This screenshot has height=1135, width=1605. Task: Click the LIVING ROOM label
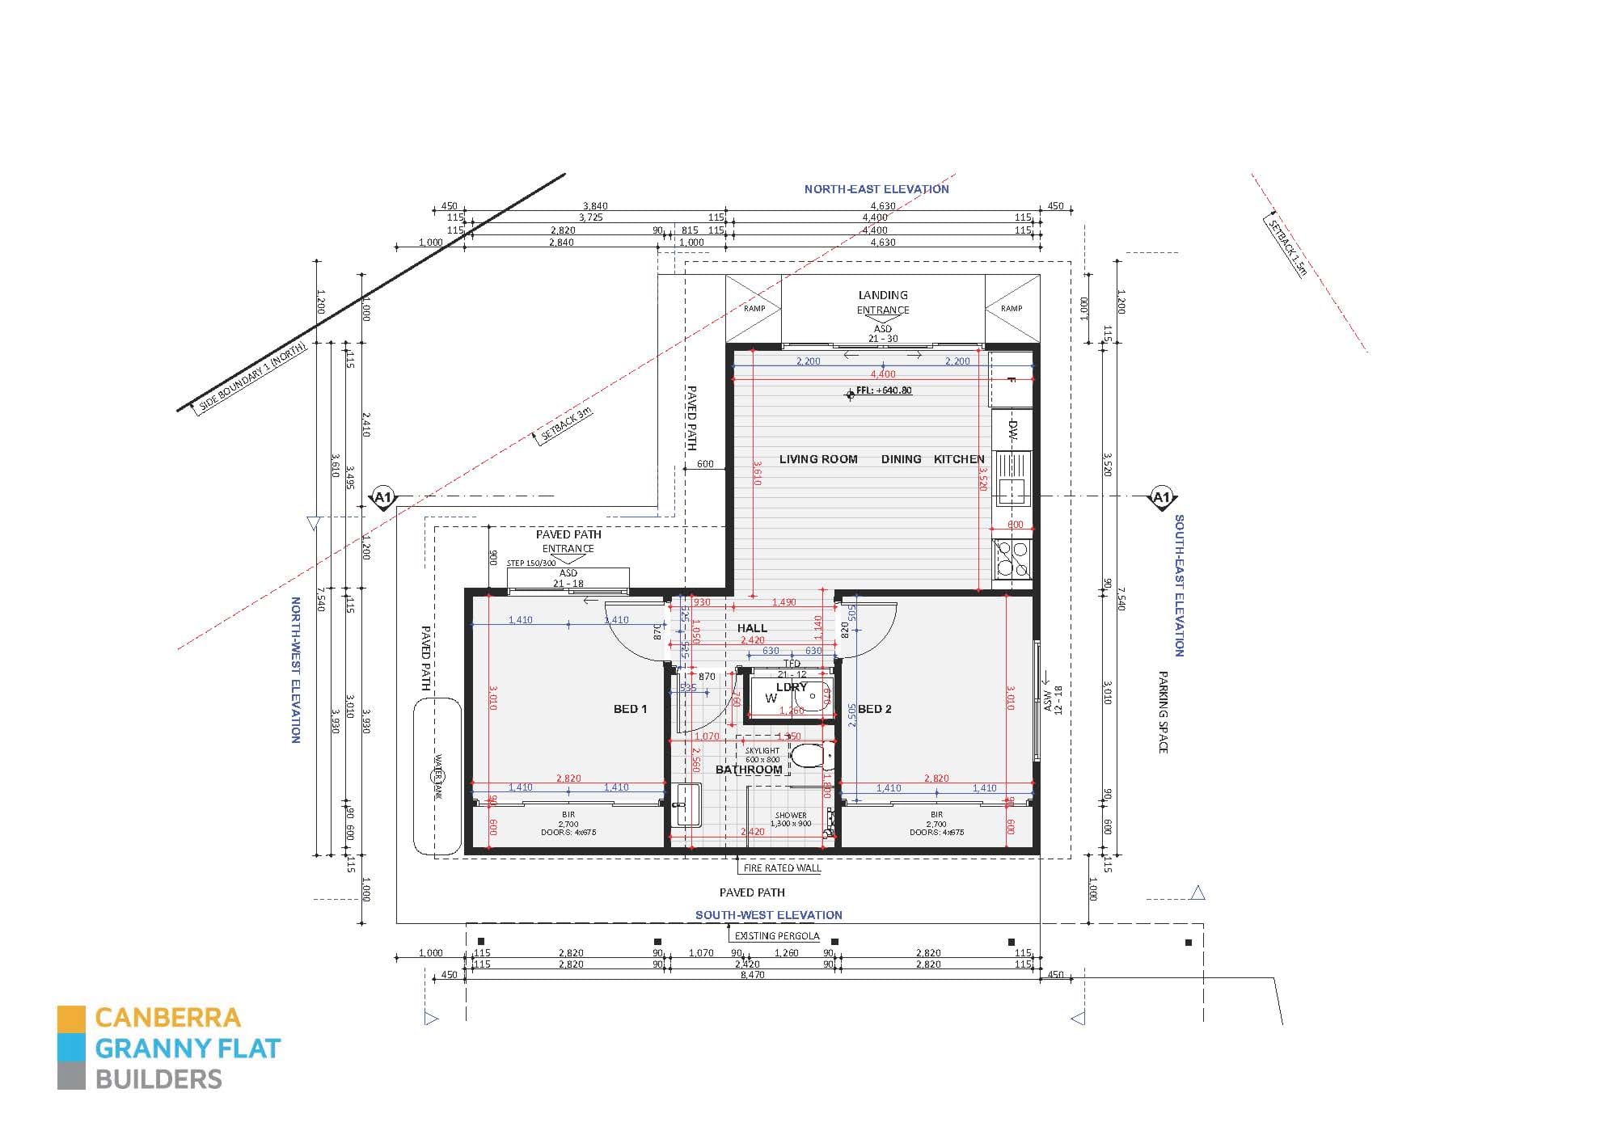click(x=817, y=459)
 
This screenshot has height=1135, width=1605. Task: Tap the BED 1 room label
click(x=630, y=709)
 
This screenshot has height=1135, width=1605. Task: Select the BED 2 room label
click(x=875, y=709)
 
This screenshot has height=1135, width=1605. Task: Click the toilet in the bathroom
click(x=808, y=757)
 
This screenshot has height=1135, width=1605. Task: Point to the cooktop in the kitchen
click(x=1012, y=559)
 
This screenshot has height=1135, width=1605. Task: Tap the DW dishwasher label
click(x=1012, y=429)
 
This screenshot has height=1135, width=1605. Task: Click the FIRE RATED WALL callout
click(x=782, y=868)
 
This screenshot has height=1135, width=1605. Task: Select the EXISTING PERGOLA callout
click(x=776, y=936)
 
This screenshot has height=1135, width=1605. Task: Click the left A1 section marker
click(x=383, y=497)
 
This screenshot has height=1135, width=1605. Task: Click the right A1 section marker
click(x=1161, y=497)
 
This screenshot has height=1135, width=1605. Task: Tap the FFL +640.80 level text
click(x=889, y=390)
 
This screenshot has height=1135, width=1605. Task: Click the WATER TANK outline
click(x=437, y=776)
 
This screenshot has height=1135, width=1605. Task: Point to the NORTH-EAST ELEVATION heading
click(x=876, y=189)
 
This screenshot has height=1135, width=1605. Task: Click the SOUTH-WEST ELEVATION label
click(x=769, y=915)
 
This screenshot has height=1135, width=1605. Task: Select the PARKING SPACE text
click(x=1163, y=711)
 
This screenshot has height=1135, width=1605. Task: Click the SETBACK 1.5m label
click(x=1286, y=247)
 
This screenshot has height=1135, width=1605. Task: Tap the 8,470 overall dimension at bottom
click(x=752, y=975)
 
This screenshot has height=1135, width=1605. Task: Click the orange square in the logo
click(x=71, y=1019)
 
